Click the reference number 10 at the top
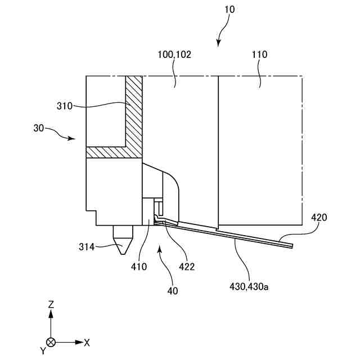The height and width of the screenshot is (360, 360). coord(230,10)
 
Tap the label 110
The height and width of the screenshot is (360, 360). coord(260,55)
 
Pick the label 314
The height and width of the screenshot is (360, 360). coord(88,246)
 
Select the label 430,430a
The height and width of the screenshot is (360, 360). coord(250,286)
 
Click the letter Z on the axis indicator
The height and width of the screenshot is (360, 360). coord(51,304)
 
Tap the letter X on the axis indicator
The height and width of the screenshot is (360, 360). coord(87,341)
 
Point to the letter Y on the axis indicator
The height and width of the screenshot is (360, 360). coord(42,350)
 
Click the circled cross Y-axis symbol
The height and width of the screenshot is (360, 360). coord(51,341)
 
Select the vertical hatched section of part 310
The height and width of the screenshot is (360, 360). coord(134,112)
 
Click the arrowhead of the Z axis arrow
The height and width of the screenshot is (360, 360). coord(51,313)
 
